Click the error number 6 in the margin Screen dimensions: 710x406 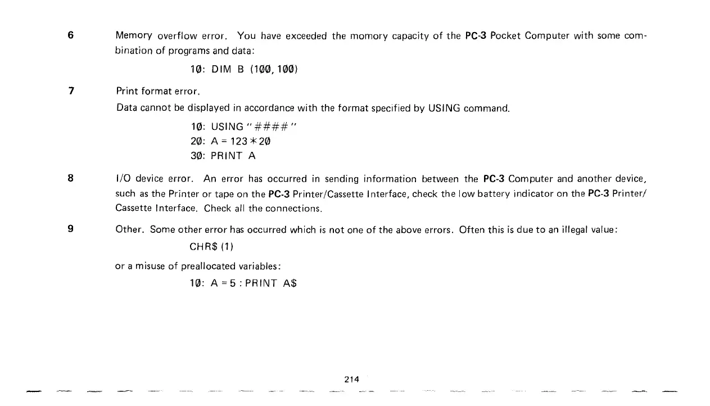pos(70,35)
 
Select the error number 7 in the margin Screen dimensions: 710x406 pos(71,91)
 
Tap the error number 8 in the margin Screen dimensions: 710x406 pos(70,179)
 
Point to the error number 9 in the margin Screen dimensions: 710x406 pos(70,229)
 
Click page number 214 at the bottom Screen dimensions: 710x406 pos(351,380)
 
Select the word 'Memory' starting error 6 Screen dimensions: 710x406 pos(134,36)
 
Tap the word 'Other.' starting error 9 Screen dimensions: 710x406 pos(130,229)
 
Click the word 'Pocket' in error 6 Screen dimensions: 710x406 pos(505,36)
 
